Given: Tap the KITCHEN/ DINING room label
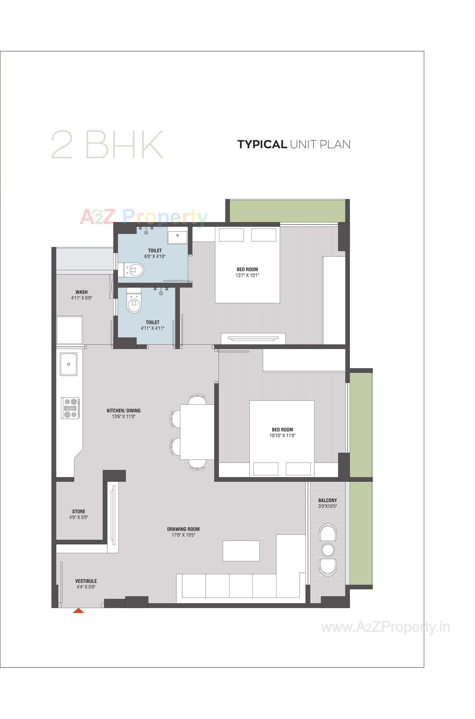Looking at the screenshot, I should point(124,411).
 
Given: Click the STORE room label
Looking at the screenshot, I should point(78,511).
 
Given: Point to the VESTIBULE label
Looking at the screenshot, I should point(86,581).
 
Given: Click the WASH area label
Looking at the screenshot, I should point(81,292).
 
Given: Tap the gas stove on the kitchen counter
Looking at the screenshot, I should point(70,408).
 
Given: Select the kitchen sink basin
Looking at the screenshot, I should point(69,364).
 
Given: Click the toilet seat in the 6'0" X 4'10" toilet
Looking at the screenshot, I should point(135,269).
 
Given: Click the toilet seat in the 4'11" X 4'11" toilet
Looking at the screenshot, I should point(134,306).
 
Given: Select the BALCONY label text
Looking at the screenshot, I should point(328,500).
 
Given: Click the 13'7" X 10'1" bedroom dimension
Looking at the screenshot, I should point(247,275).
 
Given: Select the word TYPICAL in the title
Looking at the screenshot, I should point(262,144).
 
